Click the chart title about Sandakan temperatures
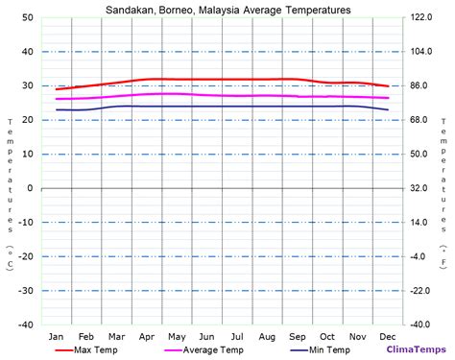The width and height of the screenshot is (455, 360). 227,10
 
